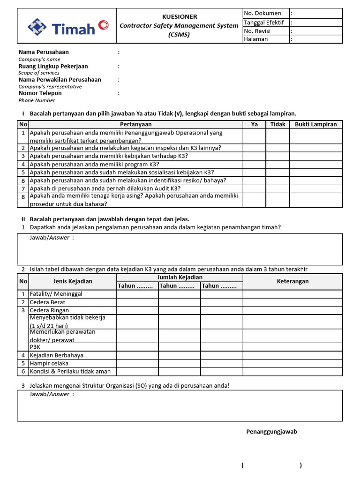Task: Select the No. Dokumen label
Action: tap(262, 13)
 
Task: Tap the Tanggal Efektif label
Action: tap(264, 22)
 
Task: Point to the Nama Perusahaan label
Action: tap(44, 52)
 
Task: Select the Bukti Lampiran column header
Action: tap(315, 124)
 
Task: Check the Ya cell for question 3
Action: tap(255, 156)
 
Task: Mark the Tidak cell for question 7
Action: tap(278, 188)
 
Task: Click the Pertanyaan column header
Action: tap(136, 124)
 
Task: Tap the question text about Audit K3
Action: tap(105, 188)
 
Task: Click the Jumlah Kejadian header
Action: tap(180, 277)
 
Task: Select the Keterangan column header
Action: tap(292, 281)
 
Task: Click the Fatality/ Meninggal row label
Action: tap(56, 294)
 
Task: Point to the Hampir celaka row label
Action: tap(49, 363)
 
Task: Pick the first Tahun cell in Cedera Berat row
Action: tap(137, 302)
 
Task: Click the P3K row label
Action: tap(35, 347)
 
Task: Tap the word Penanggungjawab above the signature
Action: tap(271, 432)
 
